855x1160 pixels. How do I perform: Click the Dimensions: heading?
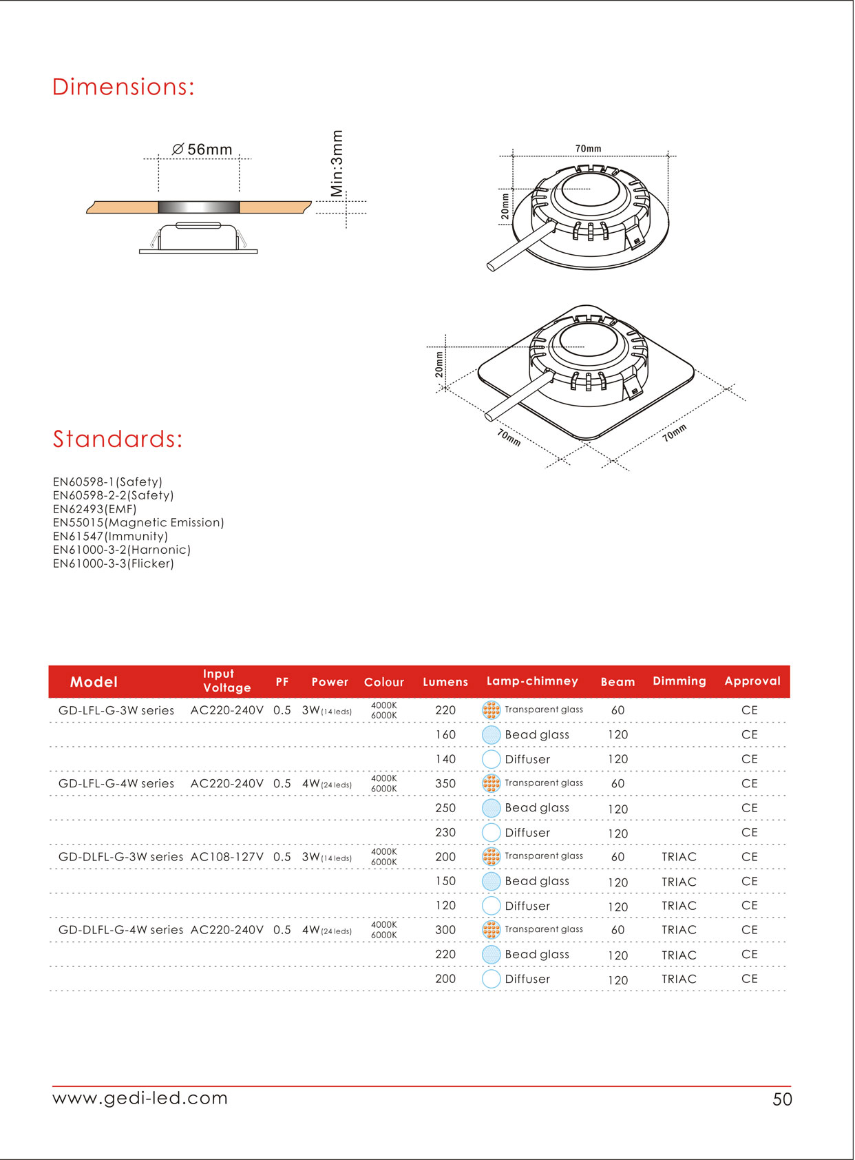pyautogui.click(x=123, y=87)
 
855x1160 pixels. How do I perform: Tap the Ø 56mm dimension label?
pyautogui.click(x=202, y=149)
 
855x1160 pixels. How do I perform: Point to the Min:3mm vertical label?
pyautogui.click(x=337, y=163)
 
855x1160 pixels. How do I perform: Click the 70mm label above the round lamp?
pyautogui.click(x=588, y=148)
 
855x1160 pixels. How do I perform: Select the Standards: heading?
pyautogui.click(x=118, y=439)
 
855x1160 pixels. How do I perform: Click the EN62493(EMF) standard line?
pyautogui.click(x=94, y=509)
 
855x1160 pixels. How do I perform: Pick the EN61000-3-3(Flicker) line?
pyautogui.click(x=113, y=563)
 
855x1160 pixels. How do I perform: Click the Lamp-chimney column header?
pyautogui.click(x=532, y=681)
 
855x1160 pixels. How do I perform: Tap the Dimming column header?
pyautogui.click(x=679, y=681)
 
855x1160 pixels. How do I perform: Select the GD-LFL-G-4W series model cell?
pyautogui.click(x=116, y=783)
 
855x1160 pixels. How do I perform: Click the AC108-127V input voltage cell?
pyautogui.click(x=226, y=857)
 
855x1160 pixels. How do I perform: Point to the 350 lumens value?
pyautogui.click(x=445, y=783)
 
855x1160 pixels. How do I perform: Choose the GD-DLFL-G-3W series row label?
pyautogui.click(x=120, y=857)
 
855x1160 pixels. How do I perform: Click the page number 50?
pyautogui.click(x=782, y=1099)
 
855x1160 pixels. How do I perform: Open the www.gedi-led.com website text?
pyautogui.click(x=140, y=1097)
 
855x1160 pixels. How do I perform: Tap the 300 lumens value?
pyautogui.click(x=445, y=930)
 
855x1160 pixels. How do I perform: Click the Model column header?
pyautogui.click(x=94, y=682)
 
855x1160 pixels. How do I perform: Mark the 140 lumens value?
pyautogui.click(x=445, y=759)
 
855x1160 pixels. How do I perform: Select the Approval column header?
pyautogui.click(x=752, y=681)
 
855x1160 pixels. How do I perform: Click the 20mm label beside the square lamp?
pyautogui.click(x=439, y=364)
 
